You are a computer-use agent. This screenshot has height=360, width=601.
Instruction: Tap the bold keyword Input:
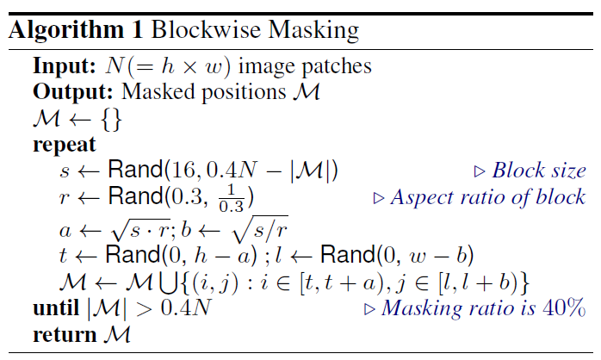click(62, 66)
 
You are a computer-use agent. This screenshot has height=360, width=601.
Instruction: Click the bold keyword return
click(60, 334)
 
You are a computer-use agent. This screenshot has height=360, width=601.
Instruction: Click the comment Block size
click(539, 171)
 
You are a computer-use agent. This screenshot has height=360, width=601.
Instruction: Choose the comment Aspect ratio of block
click(488, 198)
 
